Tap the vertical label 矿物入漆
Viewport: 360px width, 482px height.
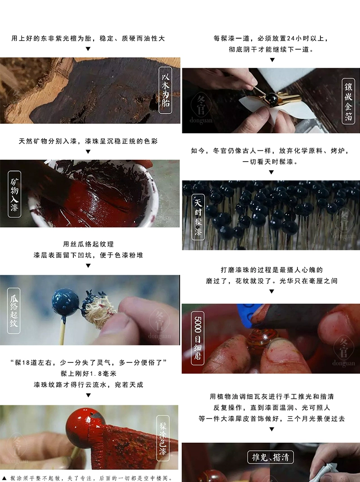14,194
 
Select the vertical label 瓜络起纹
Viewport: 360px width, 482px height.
14,311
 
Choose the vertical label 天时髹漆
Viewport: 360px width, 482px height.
198,217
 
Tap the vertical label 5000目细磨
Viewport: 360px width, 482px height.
198,338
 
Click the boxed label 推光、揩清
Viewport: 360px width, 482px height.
270,457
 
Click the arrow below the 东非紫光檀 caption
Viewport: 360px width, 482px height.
88,49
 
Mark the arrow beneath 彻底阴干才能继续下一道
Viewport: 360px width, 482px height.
272,60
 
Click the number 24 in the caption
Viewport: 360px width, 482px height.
291,38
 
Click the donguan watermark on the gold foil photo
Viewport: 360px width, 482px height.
201,121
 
